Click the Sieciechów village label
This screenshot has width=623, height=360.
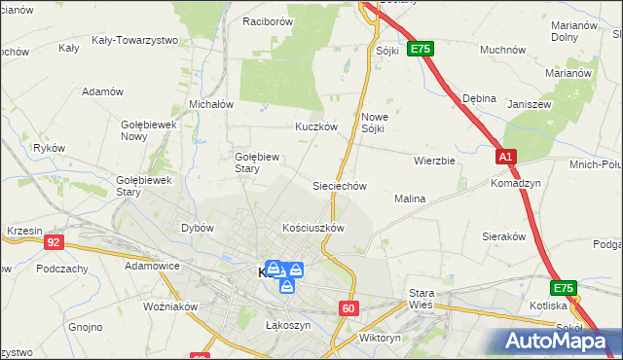click(338, 185)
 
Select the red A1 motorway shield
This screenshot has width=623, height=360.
click(505, 156)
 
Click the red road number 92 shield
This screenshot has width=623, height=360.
click(54, 242)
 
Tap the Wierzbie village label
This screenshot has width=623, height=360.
click(434, 161)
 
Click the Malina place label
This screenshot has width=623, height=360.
click(410, 198)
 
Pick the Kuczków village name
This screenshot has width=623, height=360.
click(315, 126)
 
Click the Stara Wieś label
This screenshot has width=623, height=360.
click(421, 298)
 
